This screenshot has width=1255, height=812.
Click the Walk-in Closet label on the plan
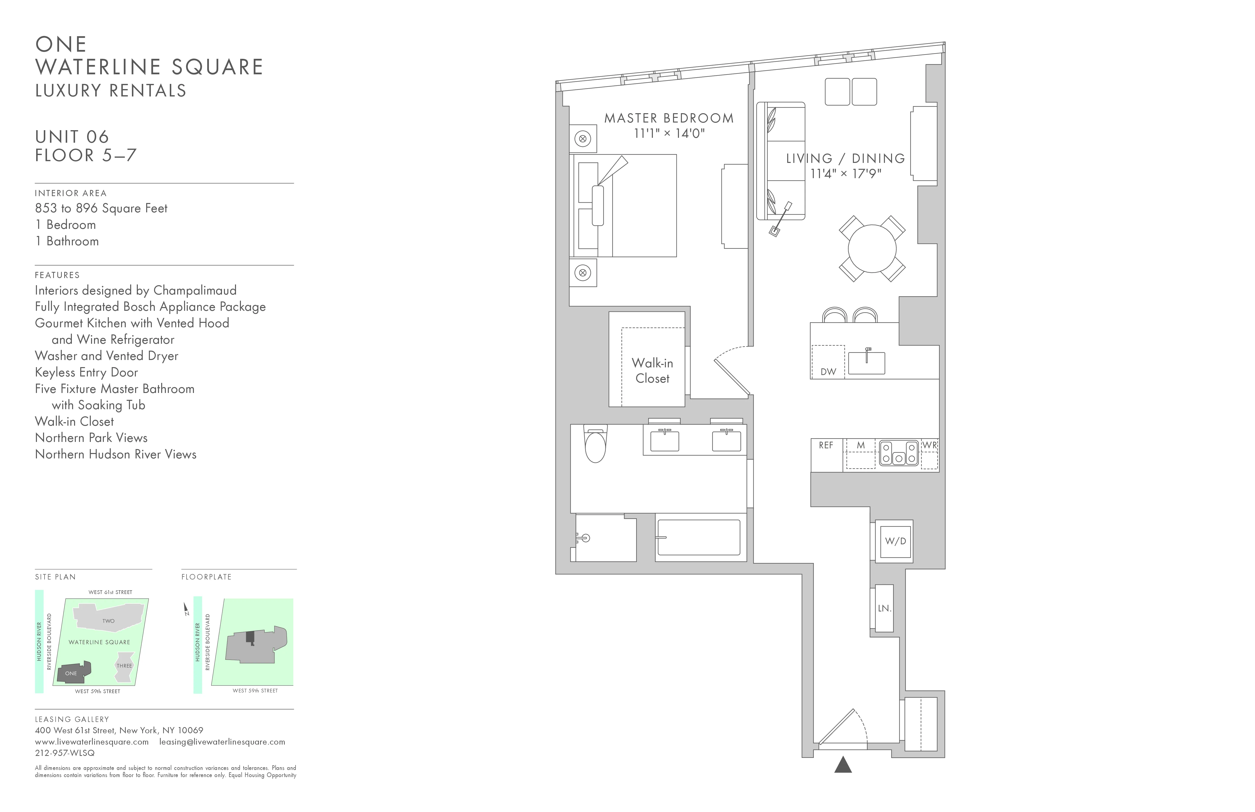pos(652,371)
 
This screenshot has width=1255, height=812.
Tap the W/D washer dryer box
pos(895,541)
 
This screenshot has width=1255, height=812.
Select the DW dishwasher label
pos(828,372)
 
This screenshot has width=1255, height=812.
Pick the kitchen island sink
pos(866,363)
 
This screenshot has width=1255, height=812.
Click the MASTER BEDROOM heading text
pos(669,118)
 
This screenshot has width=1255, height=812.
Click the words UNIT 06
pos(72,137)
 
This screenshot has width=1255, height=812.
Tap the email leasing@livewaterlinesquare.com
pos(222,742)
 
